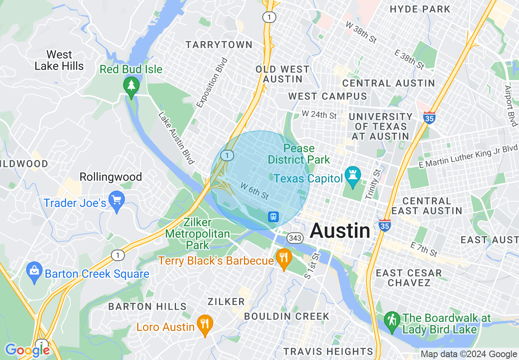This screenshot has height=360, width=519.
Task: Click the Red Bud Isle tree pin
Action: click(131, 86)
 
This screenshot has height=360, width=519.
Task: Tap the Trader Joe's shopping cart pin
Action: click(117, 200)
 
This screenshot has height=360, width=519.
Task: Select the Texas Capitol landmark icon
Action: click(352, 176)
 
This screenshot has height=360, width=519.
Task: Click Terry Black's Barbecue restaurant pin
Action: click(283, 259)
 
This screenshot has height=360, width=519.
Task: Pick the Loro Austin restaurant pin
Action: click(204, 324)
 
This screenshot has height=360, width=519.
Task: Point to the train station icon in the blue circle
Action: click(273, 216)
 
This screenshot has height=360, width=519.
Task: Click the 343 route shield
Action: click(295, 238)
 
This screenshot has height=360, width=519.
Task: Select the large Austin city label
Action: click(340, 231)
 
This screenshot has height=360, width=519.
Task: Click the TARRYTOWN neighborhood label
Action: click(219, 45)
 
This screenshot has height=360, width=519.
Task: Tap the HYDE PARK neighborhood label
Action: click(420, 9)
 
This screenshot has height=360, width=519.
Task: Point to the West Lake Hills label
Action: click(59, 60)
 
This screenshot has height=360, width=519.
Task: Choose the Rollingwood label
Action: click(111, 177)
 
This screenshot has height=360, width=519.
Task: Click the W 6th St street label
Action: click(254, 191)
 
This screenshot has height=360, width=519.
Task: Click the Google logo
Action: click(27, 350)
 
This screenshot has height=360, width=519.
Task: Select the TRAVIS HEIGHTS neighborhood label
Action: click(328, 351)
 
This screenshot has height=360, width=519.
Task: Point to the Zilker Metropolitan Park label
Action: click(197, 234)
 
